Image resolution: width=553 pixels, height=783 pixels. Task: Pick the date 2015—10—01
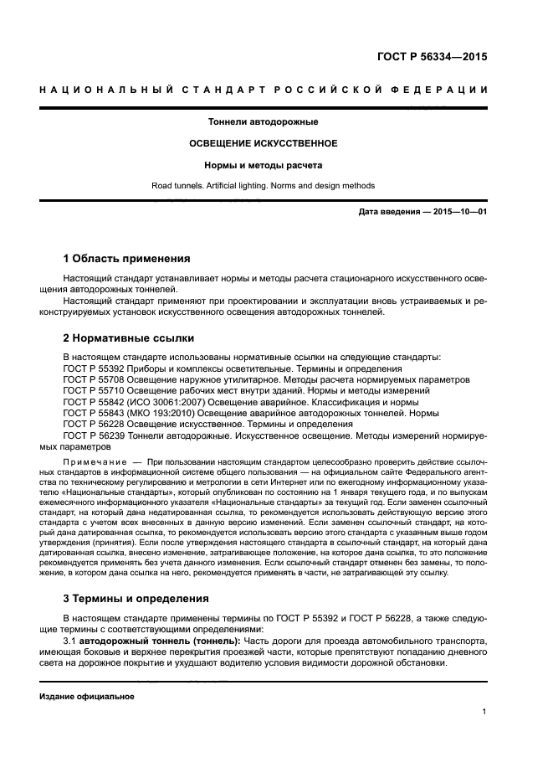pos(458,212)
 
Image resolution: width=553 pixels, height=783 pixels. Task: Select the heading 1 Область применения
pos(127,258)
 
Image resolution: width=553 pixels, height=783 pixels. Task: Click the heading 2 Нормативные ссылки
pos(129,339)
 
